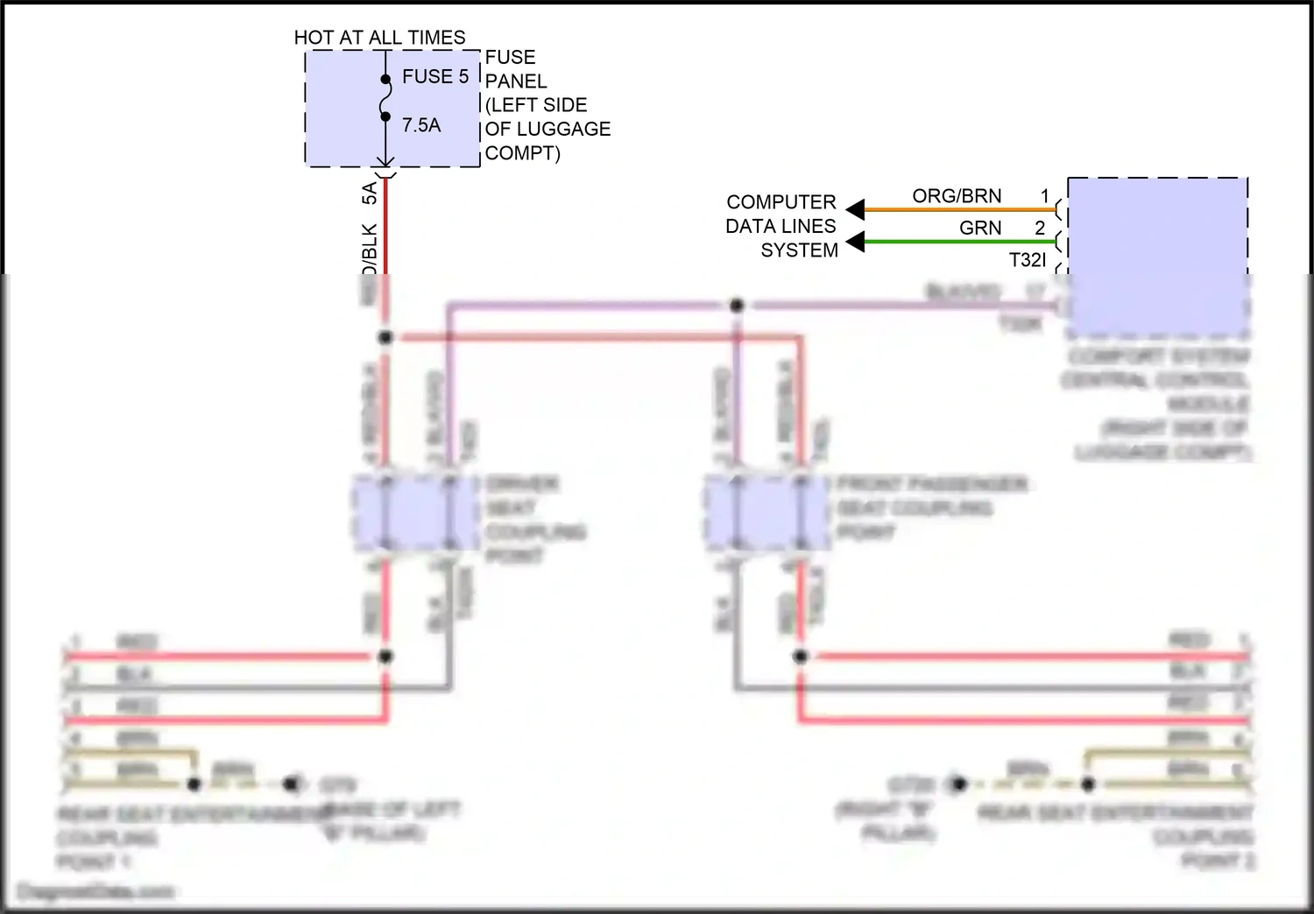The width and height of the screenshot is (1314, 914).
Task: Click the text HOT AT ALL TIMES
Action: [379, 38]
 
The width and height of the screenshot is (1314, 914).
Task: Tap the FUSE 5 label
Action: [435, 77]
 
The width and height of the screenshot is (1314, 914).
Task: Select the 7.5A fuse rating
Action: [421, 126]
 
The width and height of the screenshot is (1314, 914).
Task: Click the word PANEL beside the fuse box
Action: [516, 81]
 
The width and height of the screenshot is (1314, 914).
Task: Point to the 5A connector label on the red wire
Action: [370, 193]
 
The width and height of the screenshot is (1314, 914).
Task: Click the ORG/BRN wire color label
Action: [957, 196]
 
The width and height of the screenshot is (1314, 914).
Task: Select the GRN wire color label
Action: [980, 228]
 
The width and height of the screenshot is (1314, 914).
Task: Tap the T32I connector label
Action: [1028, 260]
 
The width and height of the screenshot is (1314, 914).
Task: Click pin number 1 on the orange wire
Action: [1044, 196]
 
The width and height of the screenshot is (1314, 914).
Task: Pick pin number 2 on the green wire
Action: [1040, 228]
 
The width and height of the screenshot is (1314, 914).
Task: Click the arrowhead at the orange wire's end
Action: [855, 210]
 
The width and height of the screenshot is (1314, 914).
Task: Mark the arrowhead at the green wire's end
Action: [855, 242]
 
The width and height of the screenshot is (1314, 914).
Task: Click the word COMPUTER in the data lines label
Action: [781, 202]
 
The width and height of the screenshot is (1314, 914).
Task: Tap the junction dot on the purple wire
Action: [737, 306]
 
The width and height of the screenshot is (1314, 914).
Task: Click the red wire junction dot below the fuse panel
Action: [385, 337]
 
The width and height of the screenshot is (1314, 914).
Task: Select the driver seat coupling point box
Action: [416, 513]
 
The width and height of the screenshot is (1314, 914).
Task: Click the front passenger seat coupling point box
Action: [767, 513]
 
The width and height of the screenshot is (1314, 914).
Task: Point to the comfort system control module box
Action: [1157, 257]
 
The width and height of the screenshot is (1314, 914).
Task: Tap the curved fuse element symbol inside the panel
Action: [385, 97]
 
